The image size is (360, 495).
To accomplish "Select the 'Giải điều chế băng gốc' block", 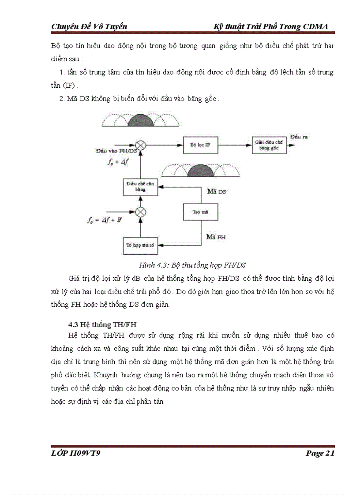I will [x=270, y=145].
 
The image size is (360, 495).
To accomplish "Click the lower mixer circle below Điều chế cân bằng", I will [x=140, y=212].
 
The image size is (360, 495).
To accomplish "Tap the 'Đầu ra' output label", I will [x=299, y=137].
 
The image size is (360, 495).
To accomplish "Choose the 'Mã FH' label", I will [x=216, y=237].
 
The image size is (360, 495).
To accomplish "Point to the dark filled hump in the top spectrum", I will [x=136, y=119].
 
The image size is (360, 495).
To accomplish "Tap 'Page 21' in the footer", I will [x=320, y=453].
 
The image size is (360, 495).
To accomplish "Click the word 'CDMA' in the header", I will [x=316, y=26].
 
